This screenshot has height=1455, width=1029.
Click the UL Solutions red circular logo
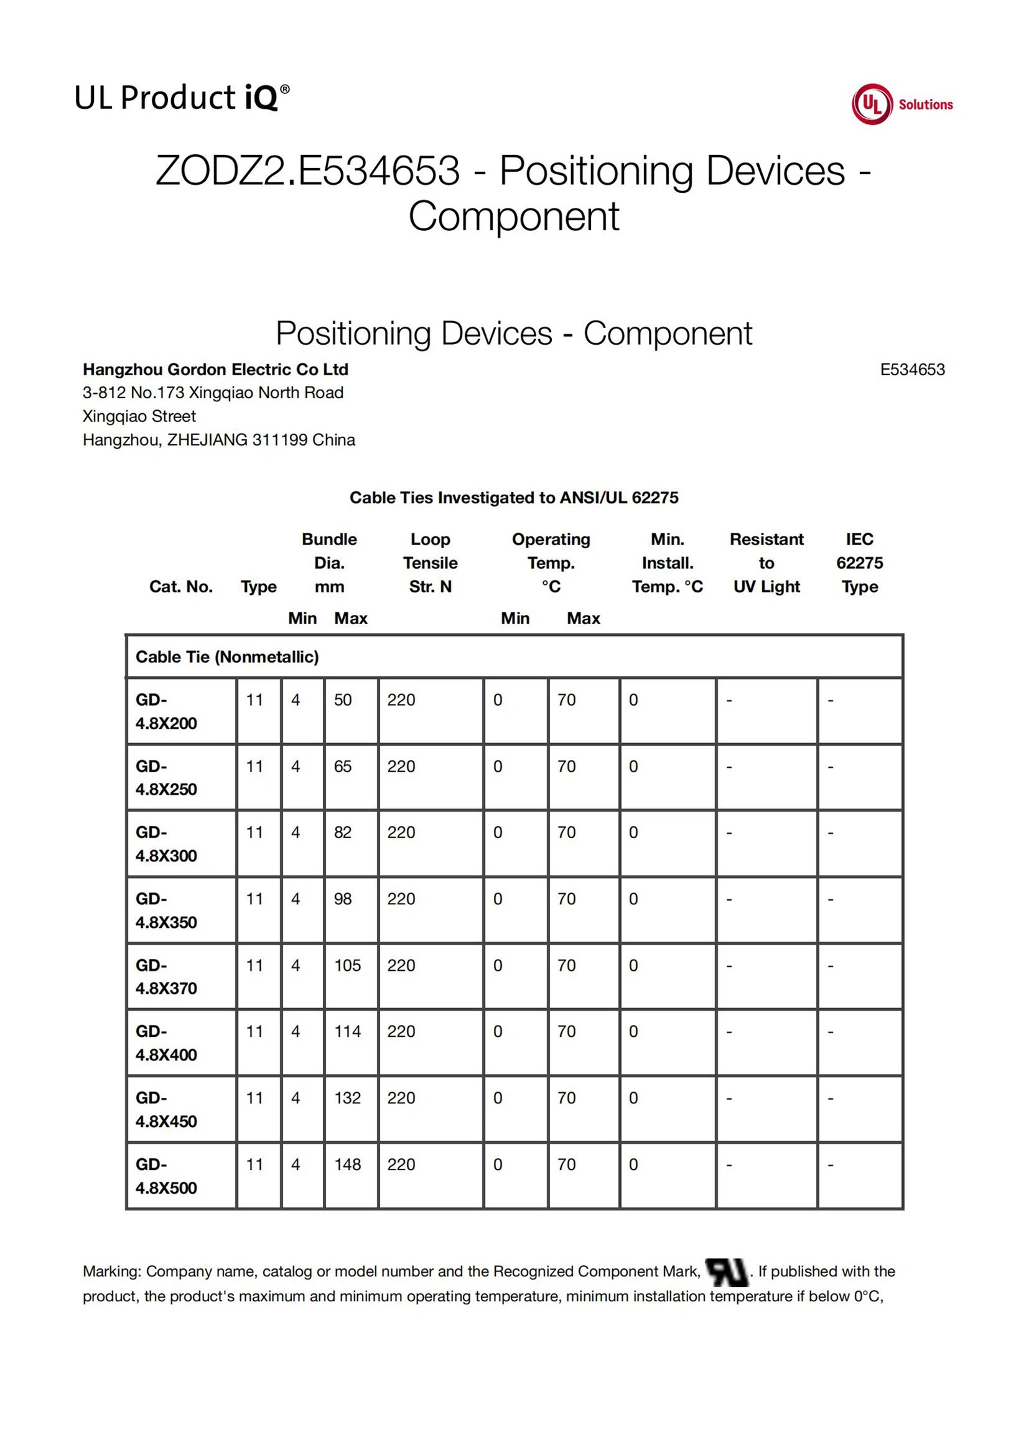[872, 105]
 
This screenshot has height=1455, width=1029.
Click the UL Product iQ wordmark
[182, 98]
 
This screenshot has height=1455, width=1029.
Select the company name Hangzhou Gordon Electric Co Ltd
[215, 370]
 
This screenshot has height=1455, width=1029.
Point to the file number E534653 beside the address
[912, 370]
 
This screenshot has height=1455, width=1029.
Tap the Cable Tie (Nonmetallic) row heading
[227, 657]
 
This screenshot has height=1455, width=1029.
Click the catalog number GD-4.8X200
[166, 711]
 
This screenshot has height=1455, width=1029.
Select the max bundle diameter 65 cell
[343, 766]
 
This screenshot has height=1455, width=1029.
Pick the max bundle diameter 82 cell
[343, 832]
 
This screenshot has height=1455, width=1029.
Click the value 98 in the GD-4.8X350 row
[343, 899]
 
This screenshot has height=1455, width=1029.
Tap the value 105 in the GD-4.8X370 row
[347, 965]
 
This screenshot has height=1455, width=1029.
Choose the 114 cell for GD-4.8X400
[347, 1031]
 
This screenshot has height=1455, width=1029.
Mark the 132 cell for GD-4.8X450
[347, 1098]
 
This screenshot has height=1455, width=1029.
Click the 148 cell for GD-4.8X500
[347, 1164]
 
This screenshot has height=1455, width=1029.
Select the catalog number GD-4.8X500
[166, 1176]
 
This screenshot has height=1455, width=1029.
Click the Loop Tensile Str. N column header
[431, 563]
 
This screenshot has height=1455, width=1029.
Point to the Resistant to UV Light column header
[766, 563]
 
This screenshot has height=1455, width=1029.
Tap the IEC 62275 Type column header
[859, 563]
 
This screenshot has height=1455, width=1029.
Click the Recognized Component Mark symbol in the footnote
[726, 1272]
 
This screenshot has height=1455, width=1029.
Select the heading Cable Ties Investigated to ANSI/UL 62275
[514, 497]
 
